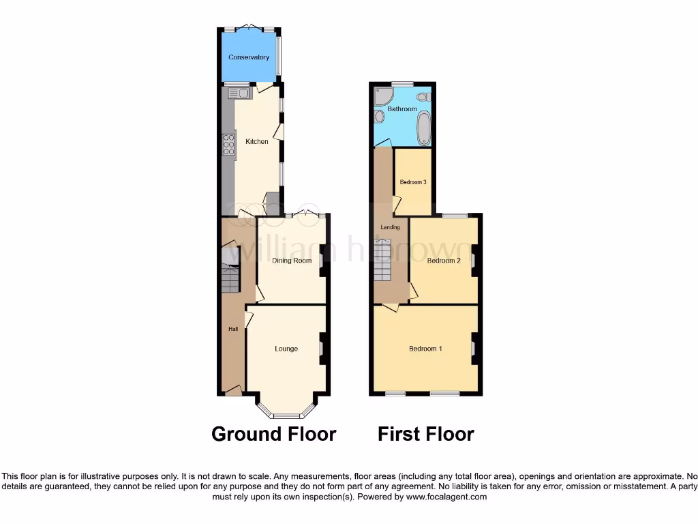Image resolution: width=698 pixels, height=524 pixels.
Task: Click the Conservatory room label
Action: click(x=249, y=57)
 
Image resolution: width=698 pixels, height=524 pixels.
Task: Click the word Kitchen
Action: click(x=257, y=142)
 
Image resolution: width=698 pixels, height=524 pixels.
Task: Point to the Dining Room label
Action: click(x=292, y=261)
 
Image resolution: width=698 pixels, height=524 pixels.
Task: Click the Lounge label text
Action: click(x=286, y=349)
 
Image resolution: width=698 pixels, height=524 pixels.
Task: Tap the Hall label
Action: click(x=233, y=329)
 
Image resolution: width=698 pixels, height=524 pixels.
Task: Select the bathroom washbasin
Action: click(x=380, y=117)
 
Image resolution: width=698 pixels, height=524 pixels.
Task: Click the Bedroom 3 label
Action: click(x=413, y=182)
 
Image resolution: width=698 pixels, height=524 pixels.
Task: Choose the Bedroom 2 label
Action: click(x=444, y=261)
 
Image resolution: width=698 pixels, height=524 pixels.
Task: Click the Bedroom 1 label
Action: click(x=425, y=349)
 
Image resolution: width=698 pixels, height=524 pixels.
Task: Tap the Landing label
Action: click(x=390, y=227)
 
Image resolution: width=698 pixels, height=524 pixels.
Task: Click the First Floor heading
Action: click(x=426, y=434)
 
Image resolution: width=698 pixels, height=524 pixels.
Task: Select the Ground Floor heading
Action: click(x=273, y=434)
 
